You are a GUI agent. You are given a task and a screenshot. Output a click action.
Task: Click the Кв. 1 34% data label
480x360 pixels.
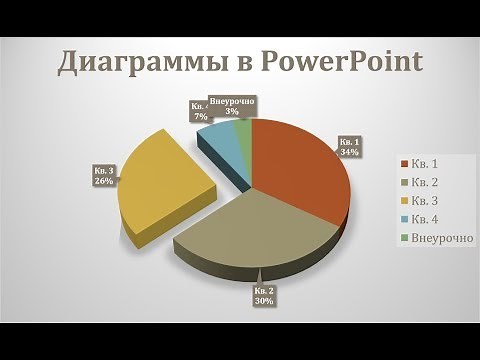click(349, 146)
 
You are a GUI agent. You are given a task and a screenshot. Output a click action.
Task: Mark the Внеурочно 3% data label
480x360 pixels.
click(232, 106)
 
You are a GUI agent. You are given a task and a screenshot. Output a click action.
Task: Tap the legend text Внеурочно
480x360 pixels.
click(436, 238)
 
